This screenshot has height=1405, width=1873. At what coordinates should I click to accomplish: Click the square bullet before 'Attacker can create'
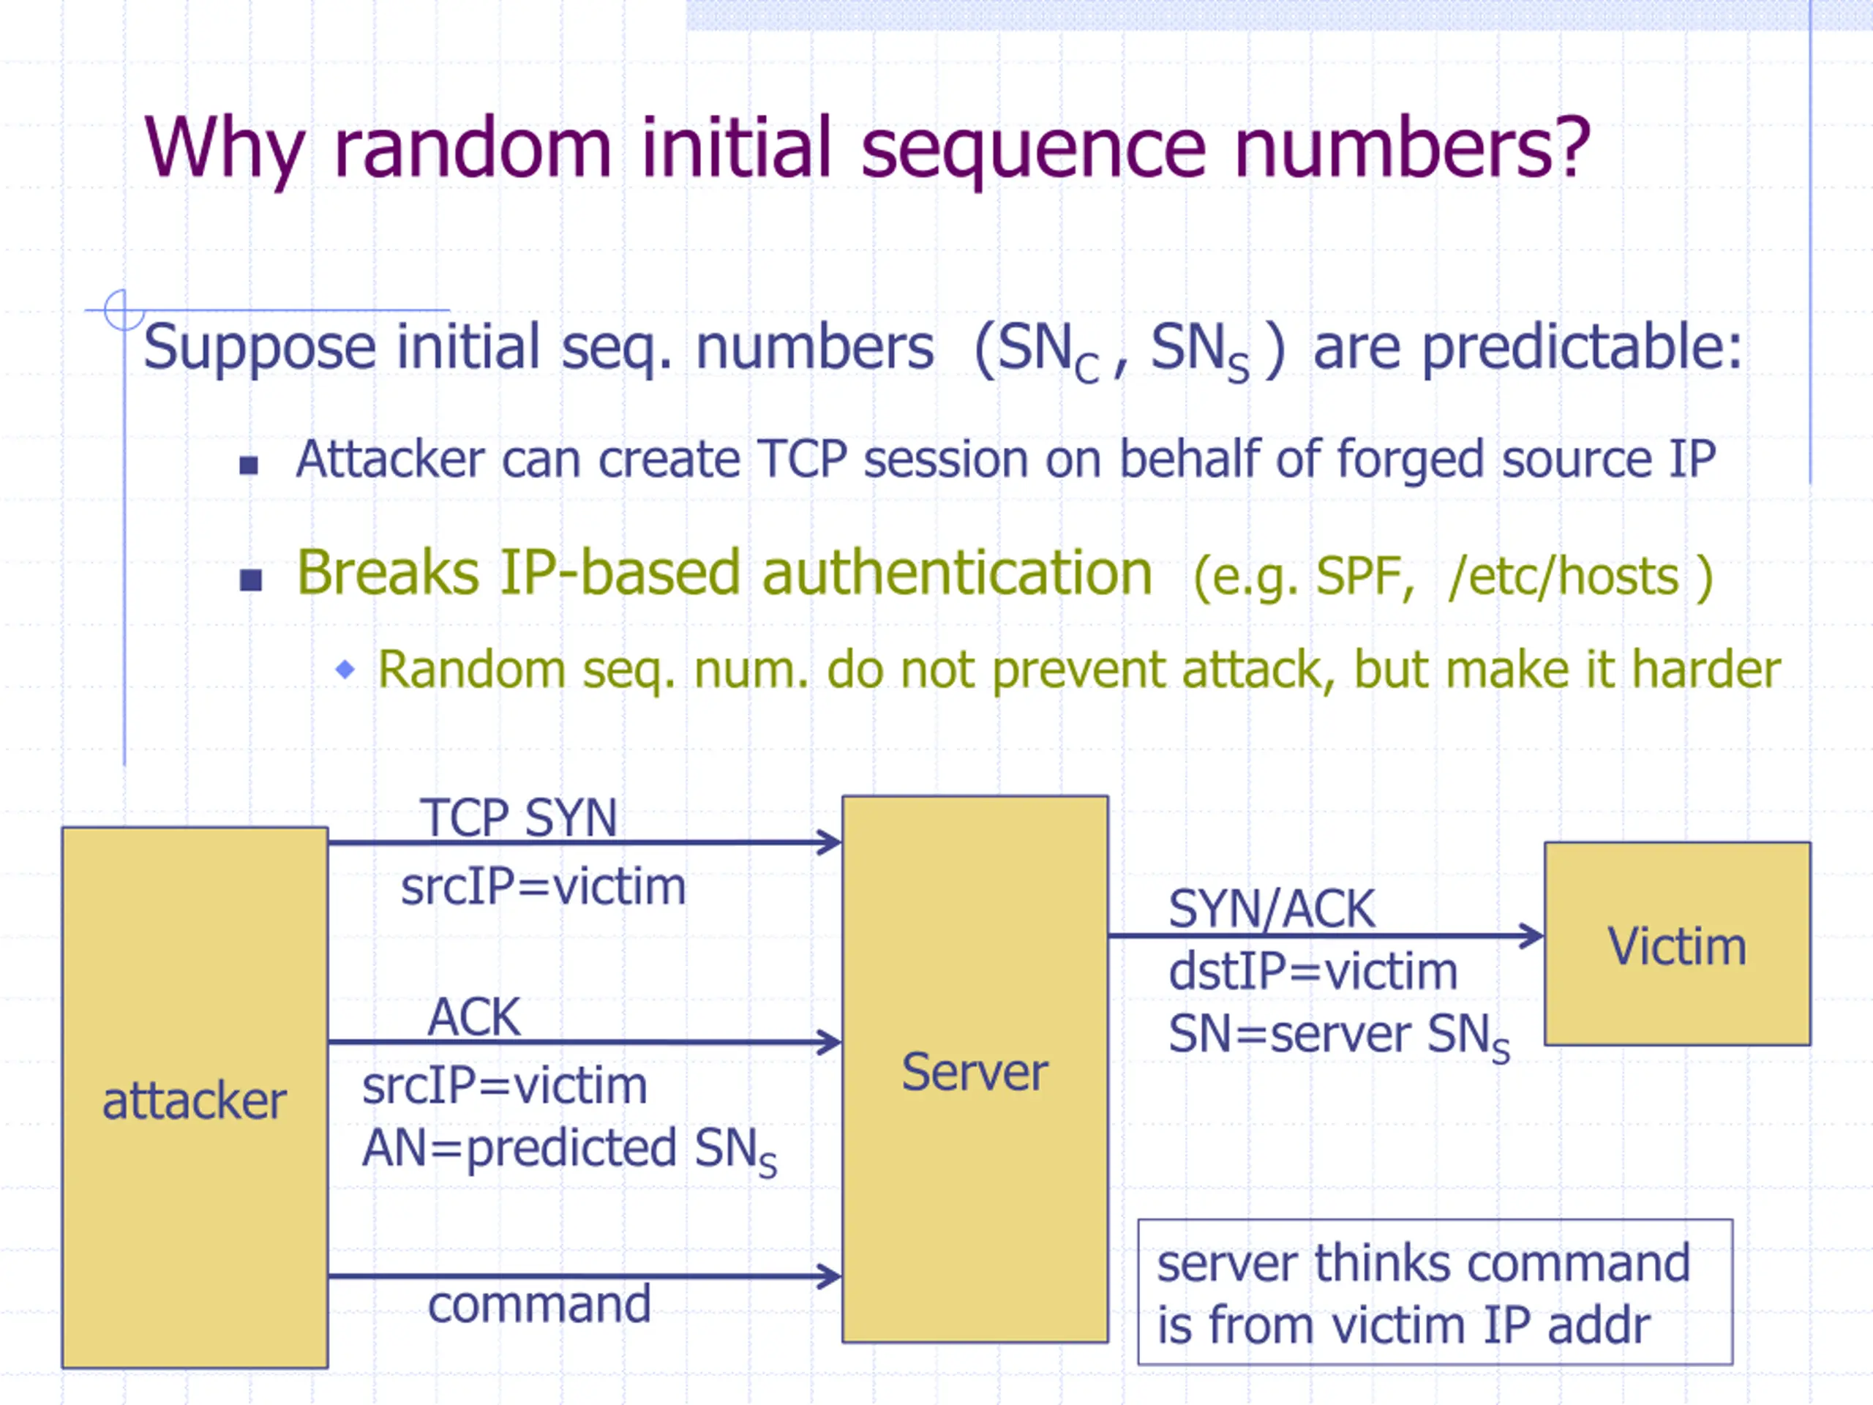point(249,465)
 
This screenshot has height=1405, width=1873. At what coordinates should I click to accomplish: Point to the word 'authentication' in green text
point(957,574)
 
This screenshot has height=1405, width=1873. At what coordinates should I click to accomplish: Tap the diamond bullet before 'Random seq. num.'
point(345,669)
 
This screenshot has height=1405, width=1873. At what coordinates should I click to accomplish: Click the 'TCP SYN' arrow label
point(518,817)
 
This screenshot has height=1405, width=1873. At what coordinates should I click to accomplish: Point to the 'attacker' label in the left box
point(194,1101)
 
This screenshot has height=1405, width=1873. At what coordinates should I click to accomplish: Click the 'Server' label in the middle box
point(975,1071)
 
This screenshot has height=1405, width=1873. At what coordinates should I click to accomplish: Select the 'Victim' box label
point(1677,946)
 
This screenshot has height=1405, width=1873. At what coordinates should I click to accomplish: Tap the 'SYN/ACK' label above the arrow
point(1272,909)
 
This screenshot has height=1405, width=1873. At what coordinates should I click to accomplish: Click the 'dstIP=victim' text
point(1313,970)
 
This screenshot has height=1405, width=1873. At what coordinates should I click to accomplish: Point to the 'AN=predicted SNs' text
point(569,1150)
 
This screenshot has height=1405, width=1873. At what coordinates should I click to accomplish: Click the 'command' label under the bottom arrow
point(539,1303)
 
